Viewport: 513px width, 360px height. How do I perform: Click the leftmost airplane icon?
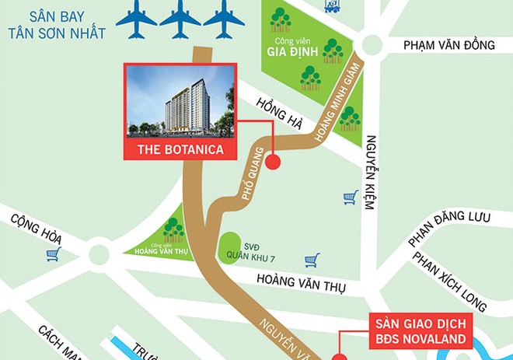[x=138, y=19]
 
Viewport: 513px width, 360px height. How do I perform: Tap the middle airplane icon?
[x=180, y=19]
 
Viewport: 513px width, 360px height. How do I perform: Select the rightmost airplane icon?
[x=224, y=19]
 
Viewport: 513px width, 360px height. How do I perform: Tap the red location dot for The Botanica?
[x=274, y=163]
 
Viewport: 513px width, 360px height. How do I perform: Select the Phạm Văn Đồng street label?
[x=448, y=46]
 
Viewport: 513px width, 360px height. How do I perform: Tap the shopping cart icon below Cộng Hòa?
[x=53, y=255]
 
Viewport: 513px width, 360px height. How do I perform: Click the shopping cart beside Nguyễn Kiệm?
[x=351, y=197]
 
